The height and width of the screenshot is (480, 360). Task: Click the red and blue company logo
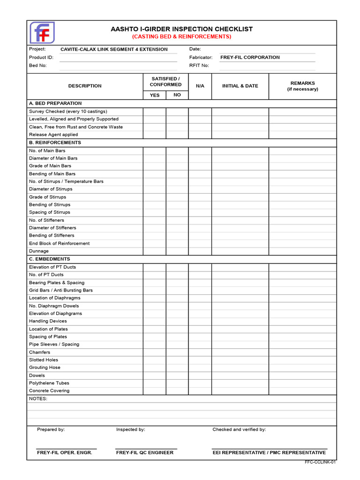(x=42, y=33)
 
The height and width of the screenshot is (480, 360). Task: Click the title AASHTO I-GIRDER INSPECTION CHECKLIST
(x=181, y=29)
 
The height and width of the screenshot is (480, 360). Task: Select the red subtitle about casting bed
(x=181, y=37)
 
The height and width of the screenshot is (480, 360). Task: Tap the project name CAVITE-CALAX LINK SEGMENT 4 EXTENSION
(x=114, y=49)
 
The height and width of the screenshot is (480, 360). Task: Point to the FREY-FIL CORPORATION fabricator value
(x=250, y=57)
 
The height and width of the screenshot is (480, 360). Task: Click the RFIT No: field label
(x=199, y=66)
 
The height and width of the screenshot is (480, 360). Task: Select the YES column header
(x=155, y=95)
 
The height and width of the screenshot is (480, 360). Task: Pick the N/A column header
(x=200, y=86)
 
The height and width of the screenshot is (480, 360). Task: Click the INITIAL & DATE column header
(x=240, y=86)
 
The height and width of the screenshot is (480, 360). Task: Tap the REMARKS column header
(x=302, y=86)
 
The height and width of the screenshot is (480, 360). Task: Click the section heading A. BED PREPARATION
(x=55, y=103)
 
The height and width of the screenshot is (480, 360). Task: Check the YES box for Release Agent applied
(x=155, y=135)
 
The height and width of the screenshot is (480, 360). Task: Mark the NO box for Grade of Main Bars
(x=177, y=166)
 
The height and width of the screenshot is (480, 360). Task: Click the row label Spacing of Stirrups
(x=50, y=212)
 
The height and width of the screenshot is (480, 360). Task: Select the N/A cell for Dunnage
(x=200, y=251)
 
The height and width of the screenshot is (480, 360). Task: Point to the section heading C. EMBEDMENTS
(x=49, y=259)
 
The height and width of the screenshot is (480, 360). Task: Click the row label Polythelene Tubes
(x=49, y=383)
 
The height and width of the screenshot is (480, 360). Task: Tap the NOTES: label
(x=38, y=399)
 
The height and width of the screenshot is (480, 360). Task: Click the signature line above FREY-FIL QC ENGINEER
(x=146, y=449)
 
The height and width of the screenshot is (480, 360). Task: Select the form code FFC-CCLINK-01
(x=320, y=462)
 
